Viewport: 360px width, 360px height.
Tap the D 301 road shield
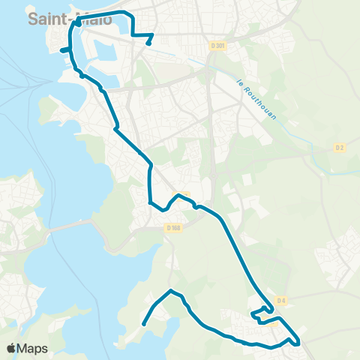pos(218,46)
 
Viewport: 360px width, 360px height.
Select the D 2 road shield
pos(339,148)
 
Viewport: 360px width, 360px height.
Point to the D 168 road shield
pos(174,228)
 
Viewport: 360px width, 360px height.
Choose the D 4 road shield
pos(281,301)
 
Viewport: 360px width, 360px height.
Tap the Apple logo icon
pos(12,348)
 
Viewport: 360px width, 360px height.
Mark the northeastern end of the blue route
pos(149,43)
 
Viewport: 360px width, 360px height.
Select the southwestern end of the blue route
pos(142,324)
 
